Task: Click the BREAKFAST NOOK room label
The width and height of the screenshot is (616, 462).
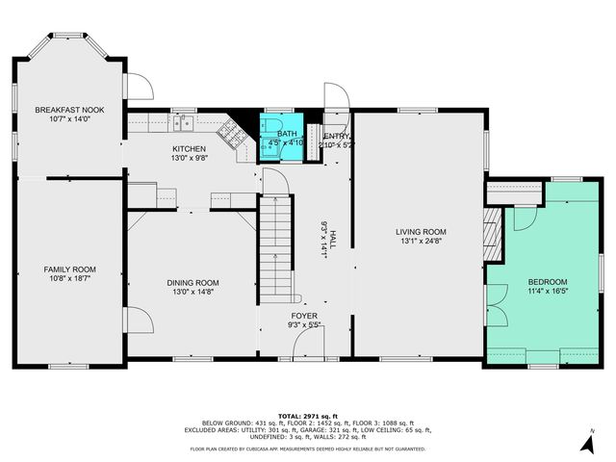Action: [x=69, y=110]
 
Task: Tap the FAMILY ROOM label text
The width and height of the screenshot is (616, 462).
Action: [x=69, y=269]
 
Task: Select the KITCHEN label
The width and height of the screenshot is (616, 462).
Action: [x=189, y=148]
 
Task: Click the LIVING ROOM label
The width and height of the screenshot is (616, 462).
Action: [x=422, y=231]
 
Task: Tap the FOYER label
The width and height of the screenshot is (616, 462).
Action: [x=305, y=316]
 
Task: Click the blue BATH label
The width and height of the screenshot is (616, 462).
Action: [x=287, y=134]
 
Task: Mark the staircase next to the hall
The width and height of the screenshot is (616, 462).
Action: [x=275, y=244]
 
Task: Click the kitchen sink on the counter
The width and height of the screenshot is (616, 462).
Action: [x=182, y=122]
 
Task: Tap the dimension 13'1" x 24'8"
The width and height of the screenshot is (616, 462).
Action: [x=422, y=241]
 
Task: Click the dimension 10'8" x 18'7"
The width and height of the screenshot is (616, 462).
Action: [x=69, y=279]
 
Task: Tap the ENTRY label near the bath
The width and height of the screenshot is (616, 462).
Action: [x=337, y=137]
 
